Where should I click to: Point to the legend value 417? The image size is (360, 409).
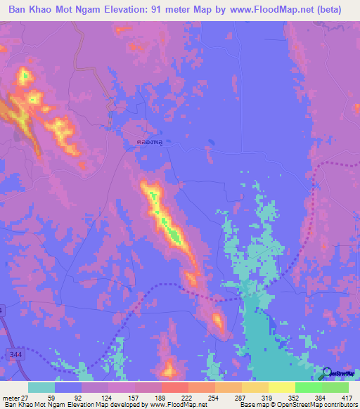tap(348, 397)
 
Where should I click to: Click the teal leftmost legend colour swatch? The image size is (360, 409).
tap(41, 387)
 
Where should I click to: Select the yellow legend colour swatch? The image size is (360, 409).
tap(282, 387)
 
